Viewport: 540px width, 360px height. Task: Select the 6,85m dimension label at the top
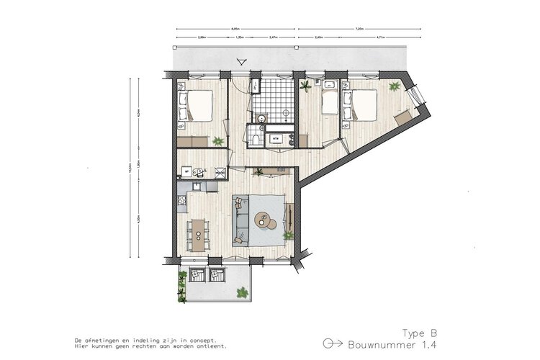click(x=235, y=29)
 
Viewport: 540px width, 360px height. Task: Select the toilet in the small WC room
click(x=253, y=135)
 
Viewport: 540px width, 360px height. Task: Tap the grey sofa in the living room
click(x=241, y=220)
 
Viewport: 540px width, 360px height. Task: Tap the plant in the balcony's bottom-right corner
click(x=242, y=292)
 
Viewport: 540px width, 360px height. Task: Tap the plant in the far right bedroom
click(x=394, y=86)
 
